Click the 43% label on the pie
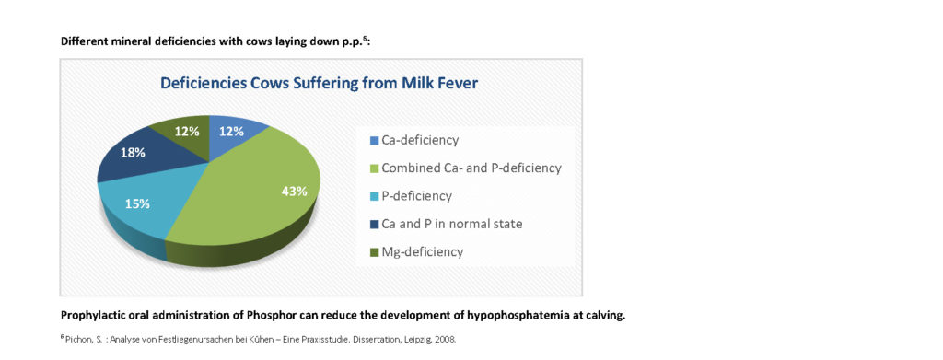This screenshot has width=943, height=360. (x=294, y=192)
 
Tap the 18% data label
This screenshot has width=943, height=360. (x=133, y=152)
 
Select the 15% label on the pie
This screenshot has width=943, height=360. (x=137, y=203)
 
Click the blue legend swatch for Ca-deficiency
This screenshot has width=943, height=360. (x=374, y=141)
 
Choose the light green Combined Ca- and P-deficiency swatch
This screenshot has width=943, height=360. (x=374, y=168)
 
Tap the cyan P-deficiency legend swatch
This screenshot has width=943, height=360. (x=374, y=196)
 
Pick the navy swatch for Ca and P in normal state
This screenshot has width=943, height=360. (x=374, y=225)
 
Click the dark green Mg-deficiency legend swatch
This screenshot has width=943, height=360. (x=374, y=252)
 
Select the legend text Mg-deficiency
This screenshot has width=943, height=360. (x=423, y=252)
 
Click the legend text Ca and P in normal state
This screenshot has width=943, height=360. (x=452, y=224)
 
